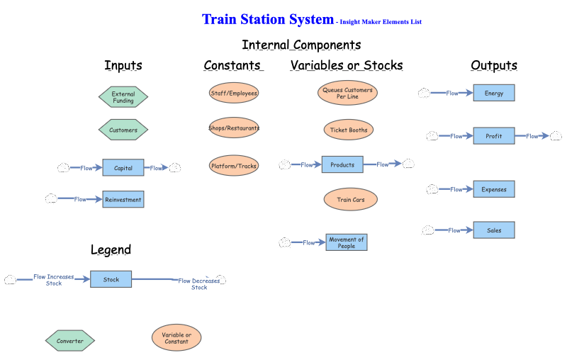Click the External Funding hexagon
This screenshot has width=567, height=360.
pyautogui.click(x=123, y=97)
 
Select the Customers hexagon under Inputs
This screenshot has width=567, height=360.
pyautogui.click(x=123, y=130)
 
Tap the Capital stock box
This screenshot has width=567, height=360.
pyautogui.click(x=123, y=168)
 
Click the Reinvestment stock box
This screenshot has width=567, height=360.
pyautogui.click(x=123, y=200)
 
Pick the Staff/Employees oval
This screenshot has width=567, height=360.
pyautogui.click(x=234, y=93)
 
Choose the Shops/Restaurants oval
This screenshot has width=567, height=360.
pyautogui.click(x=234, y=128)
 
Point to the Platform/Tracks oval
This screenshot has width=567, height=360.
pyautogui.click(x=234, y=167)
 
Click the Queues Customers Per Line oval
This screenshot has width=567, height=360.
pyautogui.click(x=347, y=93)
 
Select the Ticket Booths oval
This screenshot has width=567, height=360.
pyautogui.click(x=348, y=130)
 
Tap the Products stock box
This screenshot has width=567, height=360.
pyautogui.click(x=342, y=164)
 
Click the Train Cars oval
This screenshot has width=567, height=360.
pyautogui.click(x=351, y=200)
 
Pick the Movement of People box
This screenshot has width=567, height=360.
pyautogui.click(x=347, y=242)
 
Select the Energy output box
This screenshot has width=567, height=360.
pyautogui.click(x=494, y=93)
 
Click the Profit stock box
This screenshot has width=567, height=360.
pyautogui.click(x=494, y=135)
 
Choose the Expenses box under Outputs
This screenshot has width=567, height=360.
pyautogui.click(x=494, y=189)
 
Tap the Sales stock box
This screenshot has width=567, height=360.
pyautogui.click(x=494, y=230)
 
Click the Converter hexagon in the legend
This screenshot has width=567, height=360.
pyautogui.click(x=70, y=341)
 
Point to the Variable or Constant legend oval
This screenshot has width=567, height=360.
pyautogui.click(x=176, y=337)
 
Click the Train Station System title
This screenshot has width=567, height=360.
pyautogui.click(x=267, y=20)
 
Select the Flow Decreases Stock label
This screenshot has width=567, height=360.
pyautogui.click(x=199, y=284)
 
